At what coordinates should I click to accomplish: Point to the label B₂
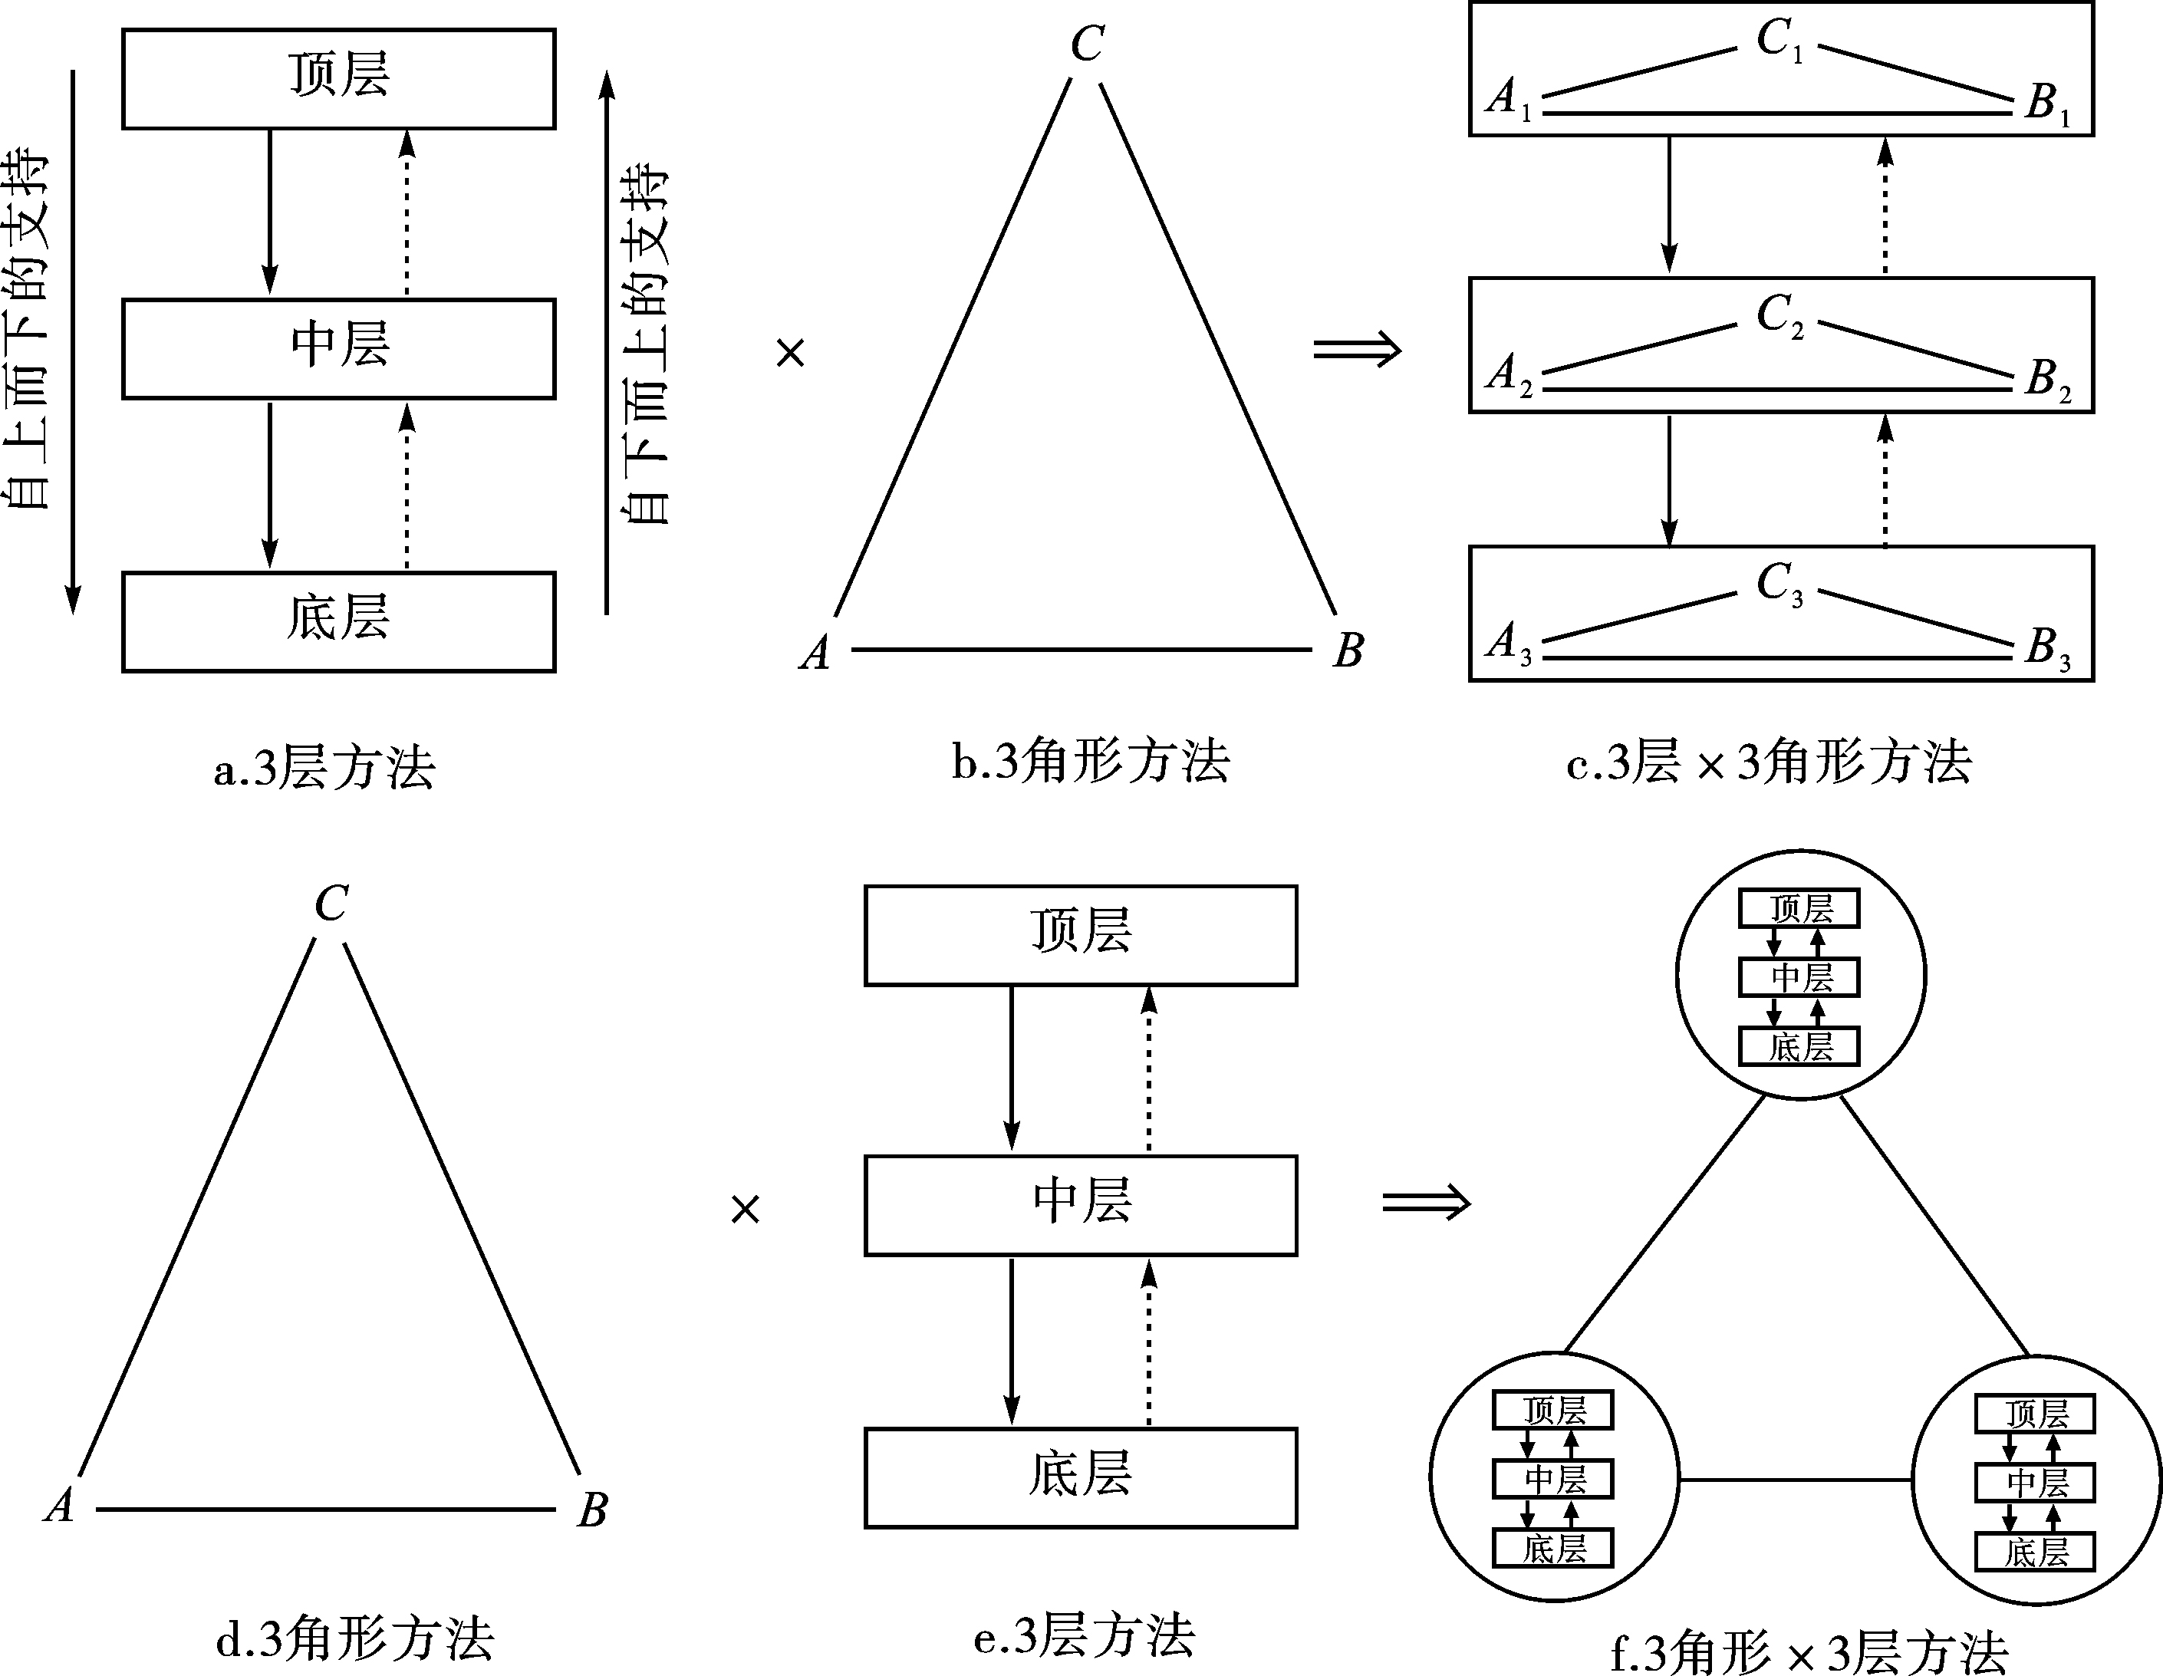(x=2048, y=380)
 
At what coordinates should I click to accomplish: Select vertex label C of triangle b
(x=1088, y=44)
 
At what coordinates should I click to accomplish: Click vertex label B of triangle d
(x=592, y=1510)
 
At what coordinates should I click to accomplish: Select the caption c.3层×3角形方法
(x=1769, y=762)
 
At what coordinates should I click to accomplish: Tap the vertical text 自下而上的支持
(x=645, y=344)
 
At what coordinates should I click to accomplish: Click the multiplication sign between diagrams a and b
(x=790, y=353)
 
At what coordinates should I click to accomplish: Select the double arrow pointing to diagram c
(x=1357, y=350)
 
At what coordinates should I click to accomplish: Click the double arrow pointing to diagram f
(x=1426, y=1203)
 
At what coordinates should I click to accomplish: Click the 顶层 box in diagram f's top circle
(x=1799, y=908)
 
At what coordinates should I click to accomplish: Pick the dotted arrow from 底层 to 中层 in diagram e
(x=1149, y=1342)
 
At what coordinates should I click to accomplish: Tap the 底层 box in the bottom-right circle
(x=2035, y=1553)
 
